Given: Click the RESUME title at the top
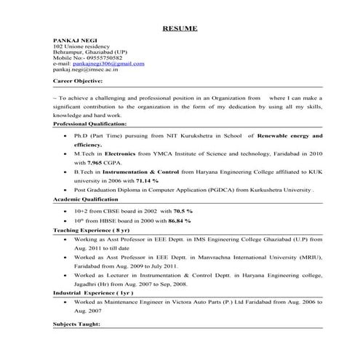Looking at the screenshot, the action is tap(179, 28).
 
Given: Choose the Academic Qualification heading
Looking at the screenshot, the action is tap(86, 199).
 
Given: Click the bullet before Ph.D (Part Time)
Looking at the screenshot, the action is tap(68, 136).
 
